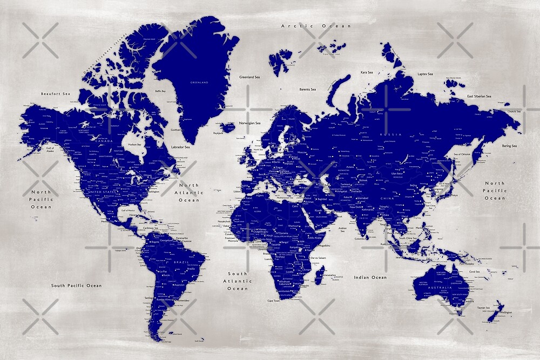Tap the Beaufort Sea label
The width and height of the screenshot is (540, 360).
pos(56,94)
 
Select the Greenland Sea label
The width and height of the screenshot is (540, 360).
pos(250,77)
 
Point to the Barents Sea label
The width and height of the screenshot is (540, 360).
pos(308,89)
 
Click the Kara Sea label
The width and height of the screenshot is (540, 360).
pos(367,72)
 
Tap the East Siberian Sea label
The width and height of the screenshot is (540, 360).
pos(479,96)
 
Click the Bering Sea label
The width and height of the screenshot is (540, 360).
pos(510,146)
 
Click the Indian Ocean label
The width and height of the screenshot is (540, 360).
pos(370,277)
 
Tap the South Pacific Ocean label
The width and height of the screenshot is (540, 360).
pos(76,286)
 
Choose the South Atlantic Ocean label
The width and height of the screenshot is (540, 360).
pos(238,281)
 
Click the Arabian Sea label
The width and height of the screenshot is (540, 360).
pos(342,228)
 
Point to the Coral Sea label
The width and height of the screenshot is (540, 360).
pos(475,271)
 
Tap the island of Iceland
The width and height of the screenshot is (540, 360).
pos(228,127)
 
